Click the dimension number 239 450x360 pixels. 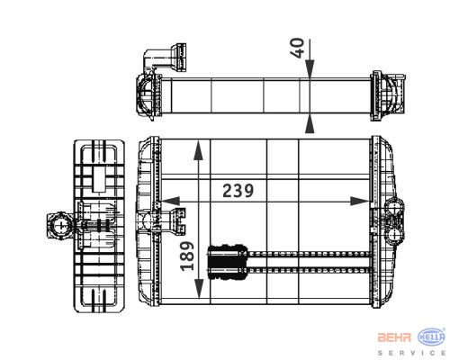point(238,191)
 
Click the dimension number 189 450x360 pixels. point(187,256)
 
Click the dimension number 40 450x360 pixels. point(297,48)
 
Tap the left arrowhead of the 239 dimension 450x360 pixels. point(170,202)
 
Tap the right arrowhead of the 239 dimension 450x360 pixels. point(360,202)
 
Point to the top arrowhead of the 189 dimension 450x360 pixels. point(198,149)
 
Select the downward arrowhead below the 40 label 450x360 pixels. point(310,68)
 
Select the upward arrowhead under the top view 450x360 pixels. point(310,124)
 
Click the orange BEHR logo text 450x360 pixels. point(394,337)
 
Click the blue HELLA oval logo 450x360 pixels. point(431,337)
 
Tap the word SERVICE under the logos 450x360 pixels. point(411,353)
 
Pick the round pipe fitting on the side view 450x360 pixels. point(61,225)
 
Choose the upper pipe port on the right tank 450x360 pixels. point(394,208)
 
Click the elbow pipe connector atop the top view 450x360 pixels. point(165,58)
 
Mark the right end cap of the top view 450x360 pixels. point(388,95)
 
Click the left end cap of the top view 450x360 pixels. point(149,95)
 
